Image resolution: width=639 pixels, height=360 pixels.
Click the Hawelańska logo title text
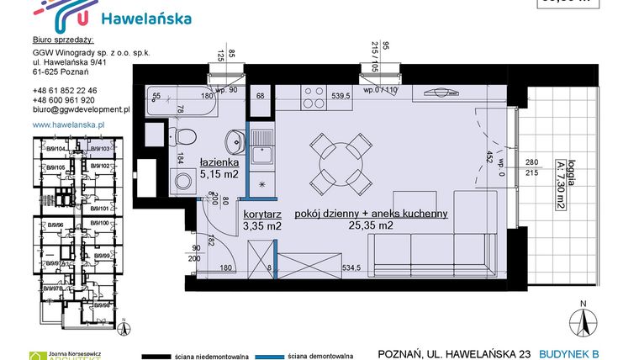click(145, 18)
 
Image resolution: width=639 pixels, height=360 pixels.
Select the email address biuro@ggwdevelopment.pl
click(81, 109)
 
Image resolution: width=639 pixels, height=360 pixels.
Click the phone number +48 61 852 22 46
click(65, 90)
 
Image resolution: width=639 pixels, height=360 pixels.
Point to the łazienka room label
click(220, 162)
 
